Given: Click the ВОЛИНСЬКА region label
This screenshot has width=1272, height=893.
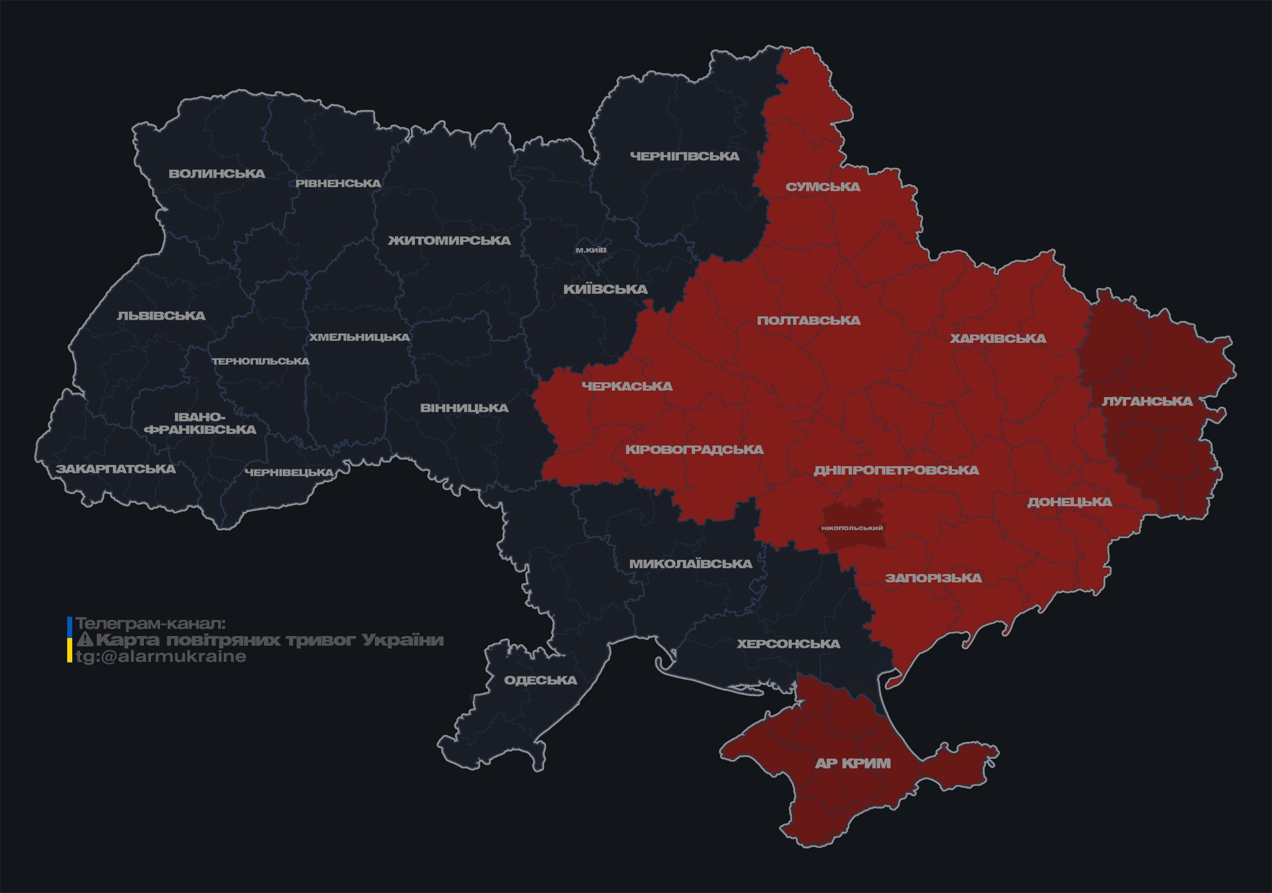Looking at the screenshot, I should pyautogui.click(x=217, y=174).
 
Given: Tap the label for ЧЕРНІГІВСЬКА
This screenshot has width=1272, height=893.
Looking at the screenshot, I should pyautogui.click(x=684, y=156).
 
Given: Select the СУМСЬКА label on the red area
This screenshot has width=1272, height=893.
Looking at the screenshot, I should pyautogui.click(x=823, y=187).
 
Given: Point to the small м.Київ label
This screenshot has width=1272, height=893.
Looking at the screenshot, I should pyautogui.click(x=591, y=250).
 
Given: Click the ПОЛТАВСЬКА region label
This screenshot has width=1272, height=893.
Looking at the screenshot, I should pyautogui.click(x=809, y=320).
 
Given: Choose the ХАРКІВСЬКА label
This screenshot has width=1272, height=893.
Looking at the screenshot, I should pyautogui.click(x=998, y=338).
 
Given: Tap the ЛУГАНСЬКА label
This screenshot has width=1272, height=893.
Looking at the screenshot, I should pyautogui.click(x=1147, y=401).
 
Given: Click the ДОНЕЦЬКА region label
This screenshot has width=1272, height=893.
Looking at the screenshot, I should pyautogui.click(x=1069, y=502).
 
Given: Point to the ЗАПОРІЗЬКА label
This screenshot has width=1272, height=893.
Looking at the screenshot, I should pyautogui.click(x=933, y=578).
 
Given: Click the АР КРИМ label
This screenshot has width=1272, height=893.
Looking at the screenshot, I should pyautogui.click(x=853, y=763).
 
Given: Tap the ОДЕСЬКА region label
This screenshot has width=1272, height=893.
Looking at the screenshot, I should pyautogui.click(x=540, y=680).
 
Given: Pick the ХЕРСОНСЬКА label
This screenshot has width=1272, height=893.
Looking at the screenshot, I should pyautogui.click(x=788, y=644).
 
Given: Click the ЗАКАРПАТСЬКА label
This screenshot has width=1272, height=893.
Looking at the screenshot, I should pyautogui.click(x=116, y=469).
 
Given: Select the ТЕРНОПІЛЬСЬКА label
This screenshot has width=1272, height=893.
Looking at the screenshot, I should pyautogui.click(x=261, y=361).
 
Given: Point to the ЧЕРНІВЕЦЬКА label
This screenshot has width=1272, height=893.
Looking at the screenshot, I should pyautogui.click(x=289, y=473).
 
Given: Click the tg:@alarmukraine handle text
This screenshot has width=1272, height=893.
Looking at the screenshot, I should pyautogui.click(x=161, y=657).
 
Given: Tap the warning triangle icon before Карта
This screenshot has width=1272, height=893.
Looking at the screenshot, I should pyautogui.click(x=85, y=640).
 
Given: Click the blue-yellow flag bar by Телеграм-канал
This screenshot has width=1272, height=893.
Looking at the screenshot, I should pyautogui.click(x=70, y=640).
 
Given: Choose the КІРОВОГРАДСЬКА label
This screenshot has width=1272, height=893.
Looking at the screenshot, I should pyautogui.click(x=694, y=449).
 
